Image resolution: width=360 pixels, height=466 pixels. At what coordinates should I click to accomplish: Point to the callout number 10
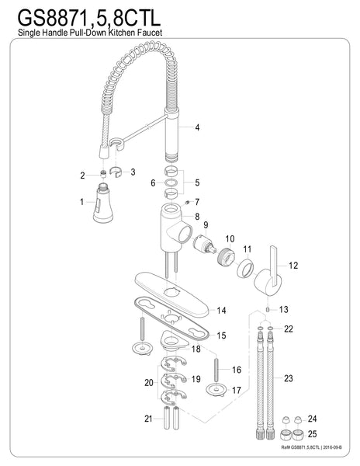pos(230,238)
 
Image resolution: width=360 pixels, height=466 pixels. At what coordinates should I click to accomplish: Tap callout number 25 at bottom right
pos(313,434)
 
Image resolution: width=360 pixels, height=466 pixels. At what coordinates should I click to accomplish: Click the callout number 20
pos(149,382)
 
